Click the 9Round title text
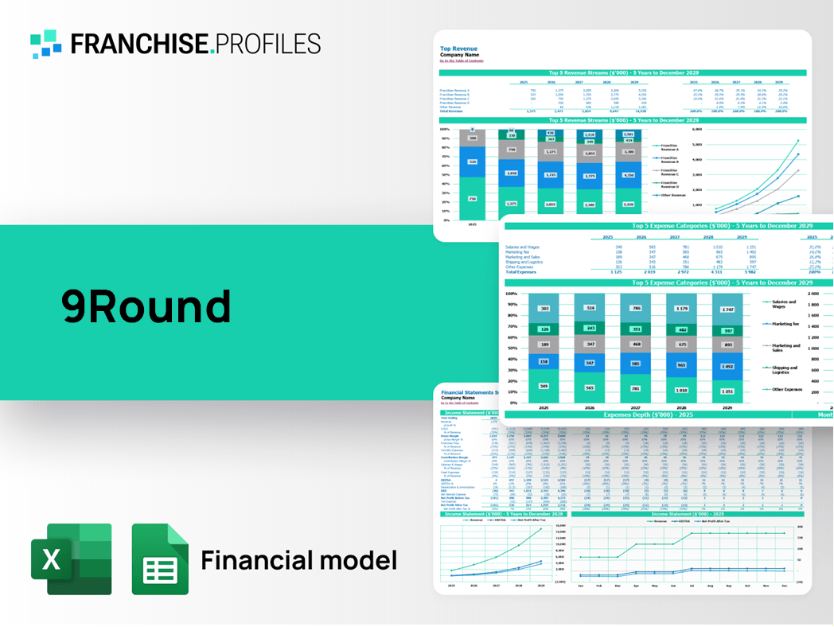[146, 306]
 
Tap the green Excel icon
[71, 559]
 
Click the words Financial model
[298, 561]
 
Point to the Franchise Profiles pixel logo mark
[46, 44]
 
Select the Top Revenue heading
[459, 49]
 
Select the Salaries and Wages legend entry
[784, 305]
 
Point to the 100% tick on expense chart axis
[512, 294]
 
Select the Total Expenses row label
[522, 272]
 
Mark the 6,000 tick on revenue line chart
[697, 129]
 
